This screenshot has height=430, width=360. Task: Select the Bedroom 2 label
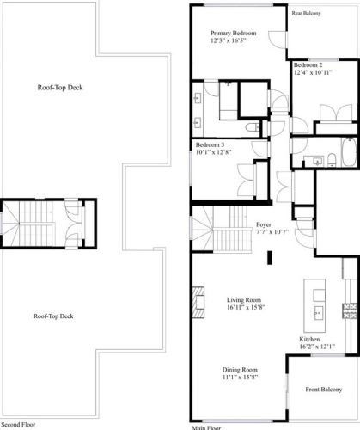click(308, 65)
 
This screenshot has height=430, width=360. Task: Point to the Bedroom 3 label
click(211, 144)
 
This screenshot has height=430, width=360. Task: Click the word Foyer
click(264, 224)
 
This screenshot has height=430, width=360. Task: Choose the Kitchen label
click(310, 340)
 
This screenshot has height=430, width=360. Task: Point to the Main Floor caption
click(206, 427)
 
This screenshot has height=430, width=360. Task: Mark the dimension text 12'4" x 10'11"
click(311, 74)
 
